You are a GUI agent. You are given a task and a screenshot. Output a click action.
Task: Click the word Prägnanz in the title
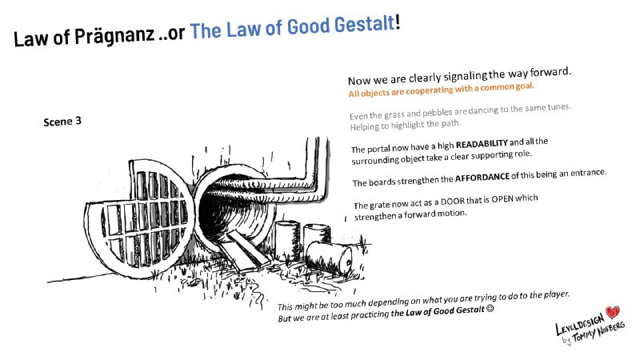tap(114, 35)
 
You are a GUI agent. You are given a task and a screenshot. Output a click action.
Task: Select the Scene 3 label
tap(62, 122)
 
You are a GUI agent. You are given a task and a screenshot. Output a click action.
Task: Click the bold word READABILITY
tap(482, 144)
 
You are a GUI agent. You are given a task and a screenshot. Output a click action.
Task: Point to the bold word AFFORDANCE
tap(482, 178)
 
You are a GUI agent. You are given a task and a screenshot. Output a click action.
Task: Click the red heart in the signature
tap(612, 312)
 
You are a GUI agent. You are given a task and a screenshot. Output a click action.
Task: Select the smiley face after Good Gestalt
tap(490, 309)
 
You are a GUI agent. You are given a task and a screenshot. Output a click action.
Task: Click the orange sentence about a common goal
tap(442, 90)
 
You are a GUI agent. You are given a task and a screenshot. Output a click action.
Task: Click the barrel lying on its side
tap(329, 256)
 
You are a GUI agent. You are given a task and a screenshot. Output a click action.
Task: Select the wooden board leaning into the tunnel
tap(246, 250)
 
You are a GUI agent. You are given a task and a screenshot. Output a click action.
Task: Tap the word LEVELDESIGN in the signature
tap(579, 323)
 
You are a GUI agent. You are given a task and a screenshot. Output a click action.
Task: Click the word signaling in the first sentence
tap(466, 76)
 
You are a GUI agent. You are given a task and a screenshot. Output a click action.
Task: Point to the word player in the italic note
tap(557, 294)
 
